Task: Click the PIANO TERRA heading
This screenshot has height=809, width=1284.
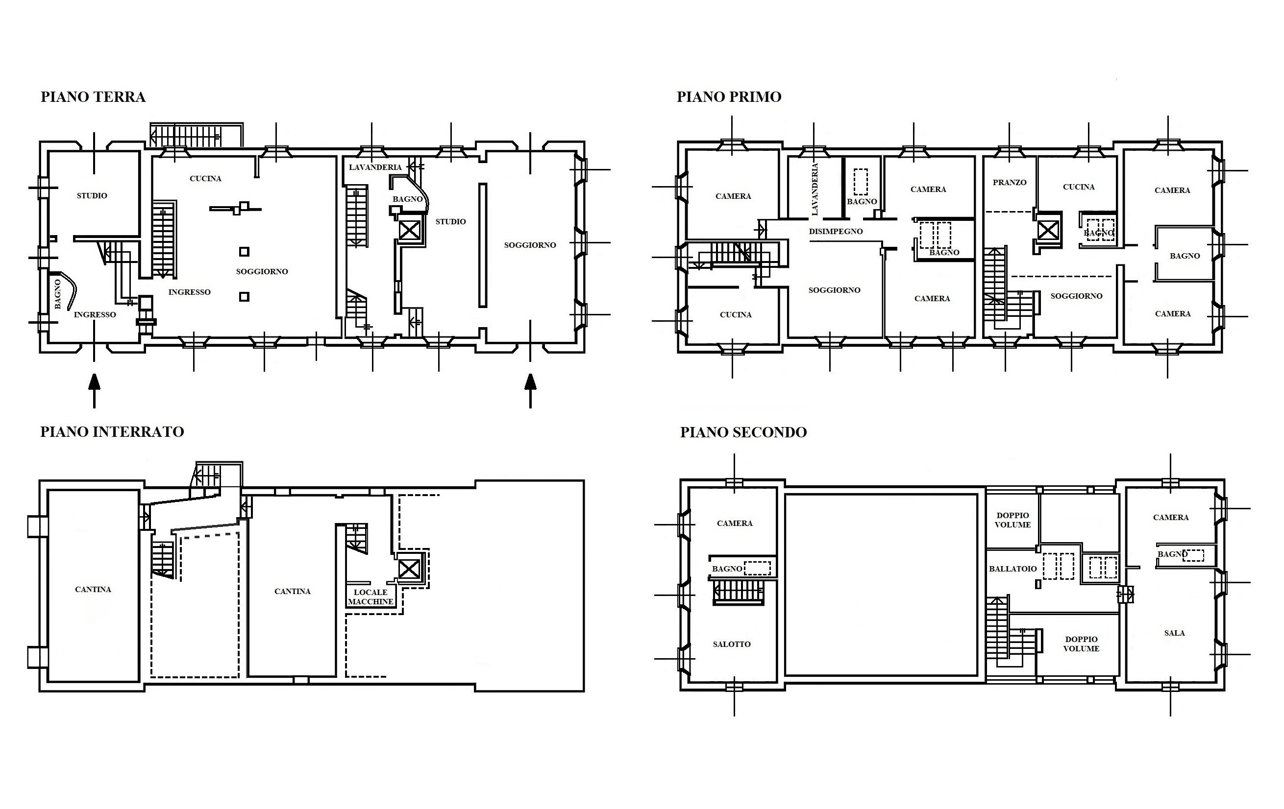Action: coord(93,97)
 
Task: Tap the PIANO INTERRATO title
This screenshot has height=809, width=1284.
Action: coord(112,432)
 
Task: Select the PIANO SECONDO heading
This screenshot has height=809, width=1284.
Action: coord(743,432)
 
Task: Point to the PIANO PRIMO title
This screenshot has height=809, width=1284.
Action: coord(729,97)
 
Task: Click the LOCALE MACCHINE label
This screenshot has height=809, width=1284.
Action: coord(370,597)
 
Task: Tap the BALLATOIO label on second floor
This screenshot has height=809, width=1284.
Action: coord(1013,569)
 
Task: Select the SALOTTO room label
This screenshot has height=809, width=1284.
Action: coord(732,644)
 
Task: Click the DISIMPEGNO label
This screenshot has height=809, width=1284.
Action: coord(836,231)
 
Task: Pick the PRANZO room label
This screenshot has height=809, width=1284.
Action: coord(1010,182)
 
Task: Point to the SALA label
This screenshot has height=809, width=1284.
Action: coord(1174,633)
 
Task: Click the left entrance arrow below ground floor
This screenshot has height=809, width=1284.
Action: coord(95,391)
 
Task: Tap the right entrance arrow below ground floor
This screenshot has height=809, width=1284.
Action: coord(530,391)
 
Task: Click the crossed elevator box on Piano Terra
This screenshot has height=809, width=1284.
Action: coord(410,230)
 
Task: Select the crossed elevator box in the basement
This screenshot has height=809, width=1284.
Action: coord(409,568)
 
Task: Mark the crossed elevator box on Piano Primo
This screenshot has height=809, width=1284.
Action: coord(1047,231)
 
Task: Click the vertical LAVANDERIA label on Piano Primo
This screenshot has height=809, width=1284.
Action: coord(814,189)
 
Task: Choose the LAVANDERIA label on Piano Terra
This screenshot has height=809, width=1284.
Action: coord(375,167)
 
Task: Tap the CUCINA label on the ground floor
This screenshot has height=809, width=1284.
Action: coord(205,179)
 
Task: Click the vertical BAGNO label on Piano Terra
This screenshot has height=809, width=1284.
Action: coord(58,294)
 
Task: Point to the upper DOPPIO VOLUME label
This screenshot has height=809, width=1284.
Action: coord(1012,520)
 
